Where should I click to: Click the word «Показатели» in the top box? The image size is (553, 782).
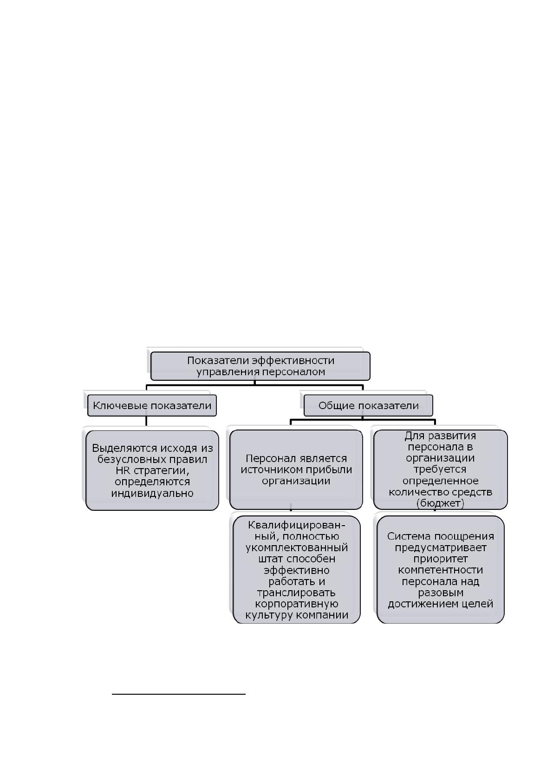click(219, 361)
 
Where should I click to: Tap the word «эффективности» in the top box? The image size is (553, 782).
click(294, 361)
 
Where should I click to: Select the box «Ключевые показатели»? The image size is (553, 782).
click(152, 405)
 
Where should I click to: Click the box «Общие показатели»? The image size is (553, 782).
click(368, 405)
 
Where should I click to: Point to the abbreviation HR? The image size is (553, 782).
click(123, 470)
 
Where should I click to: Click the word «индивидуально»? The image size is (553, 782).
click(152, 493)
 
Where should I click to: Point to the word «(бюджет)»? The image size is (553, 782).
click(440, 503)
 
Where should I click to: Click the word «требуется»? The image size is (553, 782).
click(440, 469)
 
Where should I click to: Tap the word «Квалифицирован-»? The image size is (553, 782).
click(296, 525)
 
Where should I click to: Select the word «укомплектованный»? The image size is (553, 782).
click(296, 547)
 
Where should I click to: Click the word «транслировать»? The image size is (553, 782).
click(296, 593)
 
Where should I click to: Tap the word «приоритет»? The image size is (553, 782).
click(440, 559)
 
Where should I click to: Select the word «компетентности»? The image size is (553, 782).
click(440, 570)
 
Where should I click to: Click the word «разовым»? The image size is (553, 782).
click(440, 593)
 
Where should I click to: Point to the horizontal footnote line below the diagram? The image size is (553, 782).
click(179, 694)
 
